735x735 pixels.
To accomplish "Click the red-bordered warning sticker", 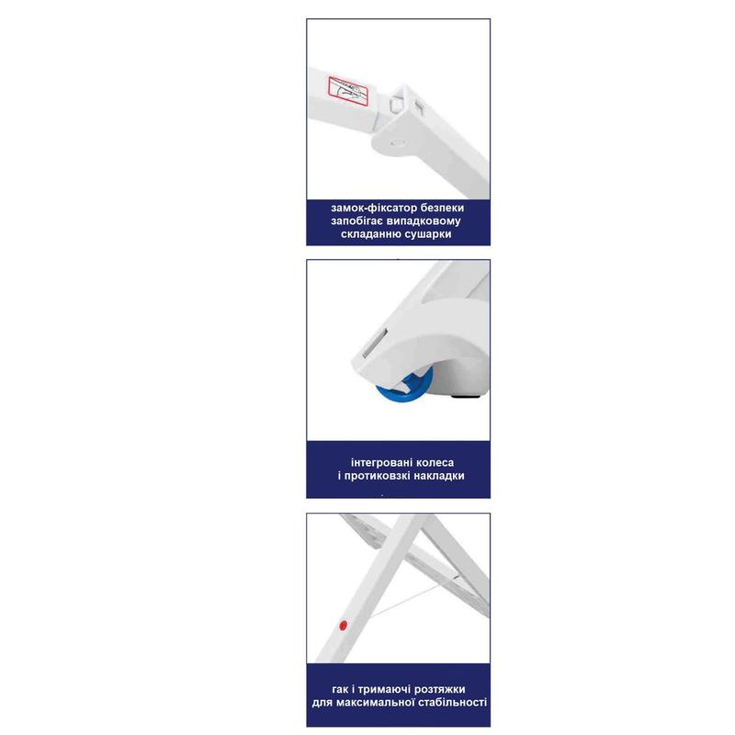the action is tap(348, 91).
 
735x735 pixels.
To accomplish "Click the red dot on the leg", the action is tap(343, 625).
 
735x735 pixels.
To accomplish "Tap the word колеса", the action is tap(434, 463).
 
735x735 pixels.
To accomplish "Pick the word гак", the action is tap(340, 690).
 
